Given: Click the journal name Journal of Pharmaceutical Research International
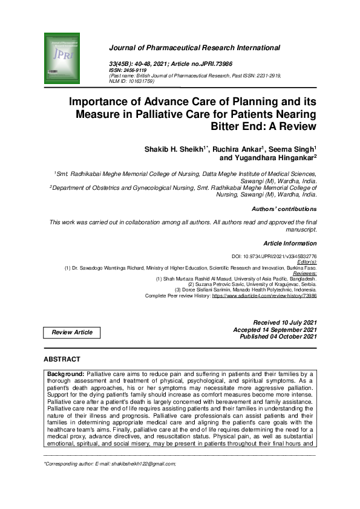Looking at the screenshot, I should (x=194, y=47).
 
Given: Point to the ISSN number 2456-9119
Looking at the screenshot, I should (x=136, y=70).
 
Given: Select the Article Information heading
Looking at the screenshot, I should (x=290, y=243).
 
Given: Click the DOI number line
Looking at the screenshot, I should (x=275, y=256).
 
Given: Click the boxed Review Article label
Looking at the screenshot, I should (x=72, y=332).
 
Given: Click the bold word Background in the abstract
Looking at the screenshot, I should (x=67, y=374).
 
